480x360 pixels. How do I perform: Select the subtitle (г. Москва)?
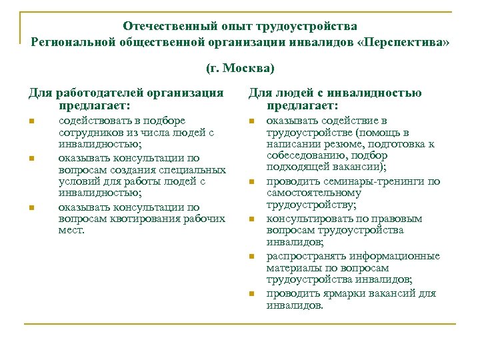(239, 68)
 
